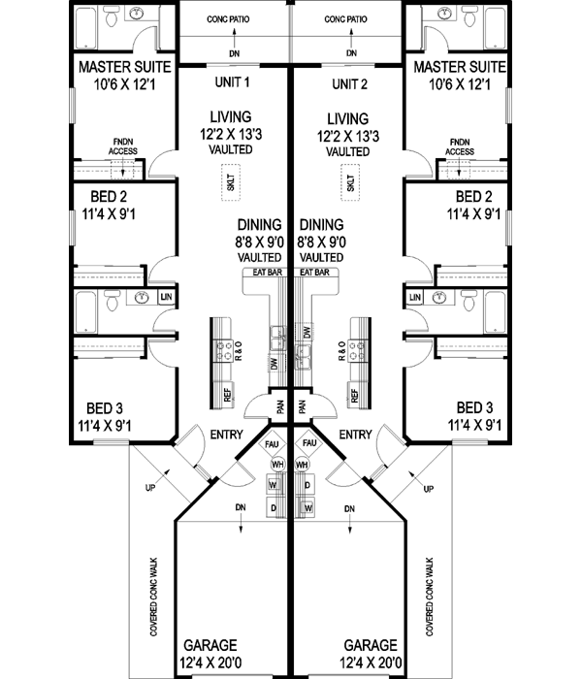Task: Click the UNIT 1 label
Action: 232,82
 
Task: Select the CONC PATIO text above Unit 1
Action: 233,19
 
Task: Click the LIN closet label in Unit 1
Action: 166,296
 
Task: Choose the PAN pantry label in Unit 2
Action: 301,406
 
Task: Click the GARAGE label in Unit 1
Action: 210,644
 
